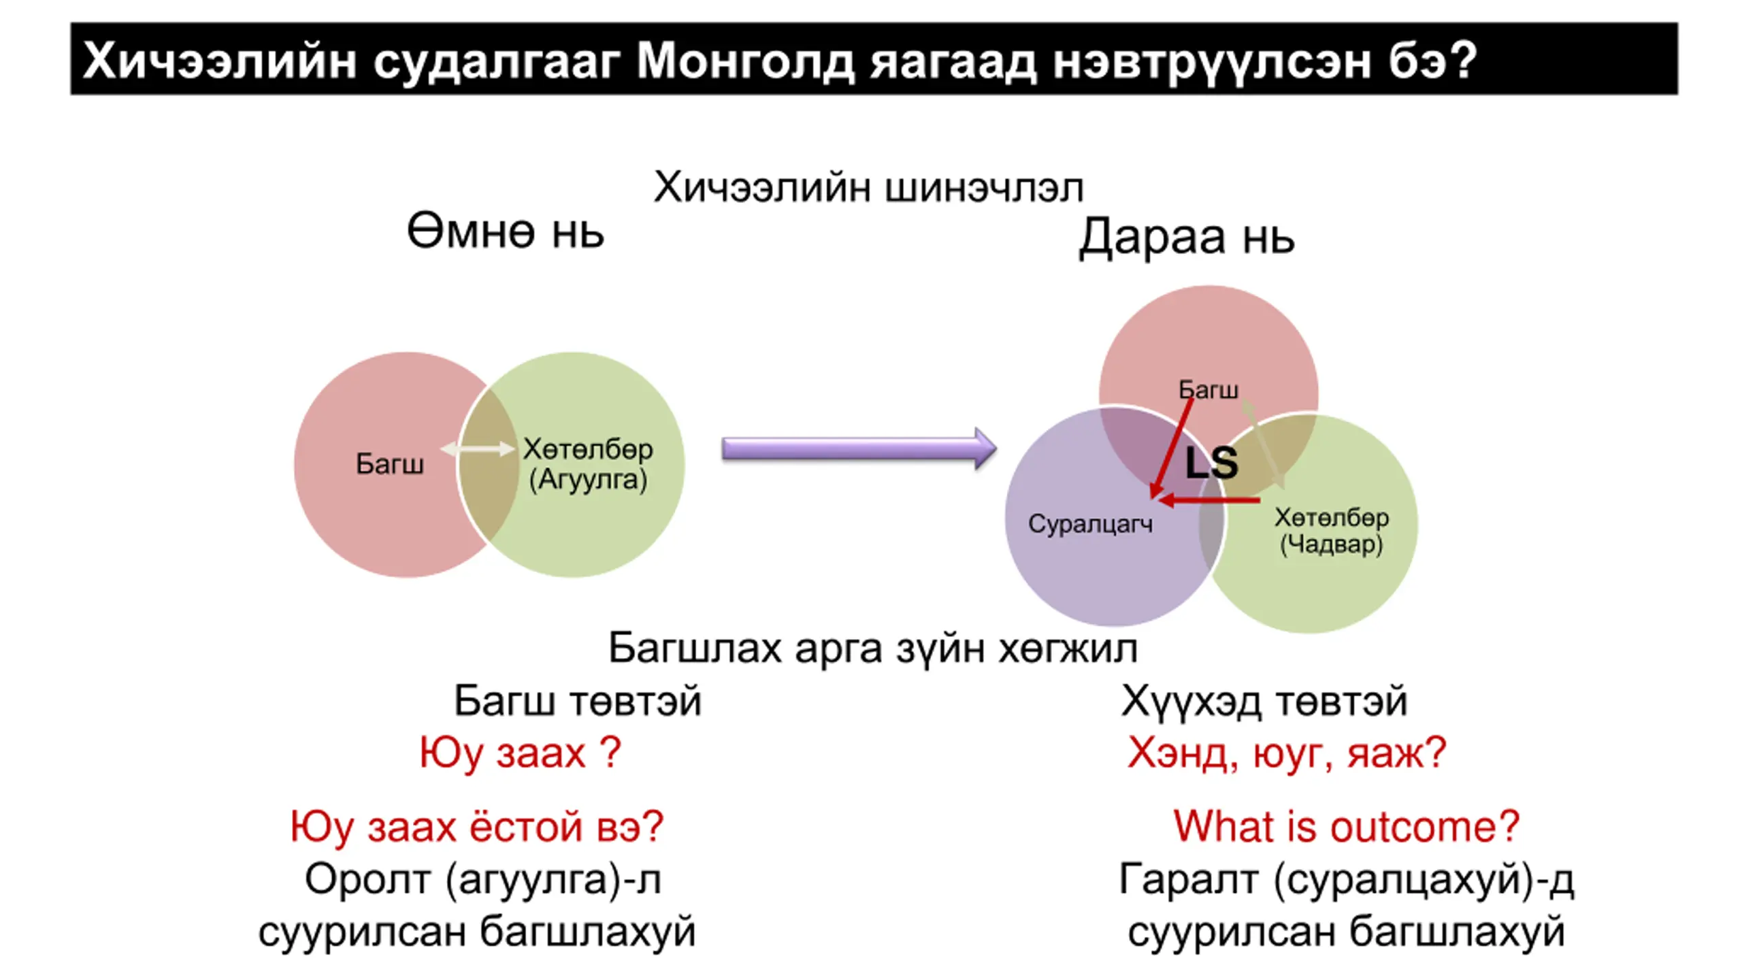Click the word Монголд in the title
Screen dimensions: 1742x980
(x=745, y=62)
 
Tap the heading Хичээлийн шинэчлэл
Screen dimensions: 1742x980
(x=869, y=187)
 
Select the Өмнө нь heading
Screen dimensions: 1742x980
(x=505, y=231)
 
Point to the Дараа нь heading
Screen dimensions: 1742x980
(x=1187, y=238)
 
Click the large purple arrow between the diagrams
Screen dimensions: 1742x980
(x=859, y=448)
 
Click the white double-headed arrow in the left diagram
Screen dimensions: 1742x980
(x=478, y=448)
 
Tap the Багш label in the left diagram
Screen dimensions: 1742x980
(x=390, y=464)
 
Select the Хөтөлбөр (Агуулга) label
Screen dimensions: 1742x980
(x=588, y=464)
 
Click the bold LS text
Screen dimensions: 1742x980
(x=1211, y=463)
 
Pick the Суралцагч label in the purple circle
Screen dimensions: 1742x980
(x=1090, y=524)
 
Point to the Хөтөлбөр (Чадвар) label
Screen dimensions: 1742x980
(x=1332, y=531)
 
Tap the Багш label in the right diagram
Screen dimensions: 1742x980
(x=1209, y=389)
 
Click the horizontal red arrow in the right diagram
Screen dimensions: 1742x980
(x=1209, y=501)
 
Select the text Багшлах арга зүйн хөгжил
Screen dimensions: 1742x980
(x=872, y=648)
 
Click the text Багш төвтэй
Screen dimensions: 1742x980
(x=577, y=701)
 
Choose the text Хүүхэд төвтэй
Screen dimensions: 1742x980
(x=1264, y=701)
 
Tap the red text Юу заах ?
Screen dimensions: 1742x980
(x=520, y=753)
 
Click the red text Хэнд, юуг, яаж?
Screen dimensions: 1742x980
(x=1286, y=753)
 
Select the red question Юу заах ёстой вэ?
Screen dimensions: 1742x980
(x=476, y=827)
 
